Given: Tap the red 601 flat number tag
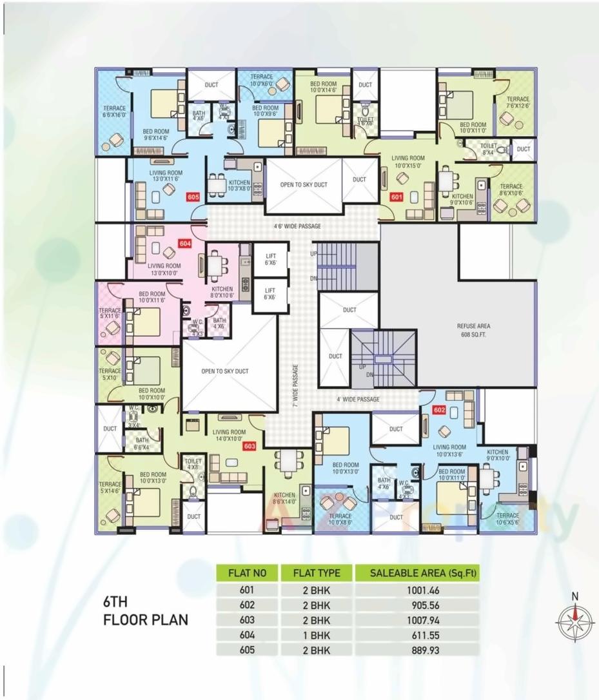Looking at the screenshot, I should click(x=396, y=198).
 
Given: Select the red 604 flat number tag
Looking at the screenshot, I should click(x=186, y=244).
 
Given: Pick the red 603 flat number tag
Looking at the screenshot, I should click(x=250, y=445).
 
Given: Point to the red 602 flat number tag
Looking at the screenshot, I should click(x=440, y=410).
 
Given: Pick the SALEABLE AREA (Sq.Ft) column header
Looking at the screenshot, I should click(x=417, y=573).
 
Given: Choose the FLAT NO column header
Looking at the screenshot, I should click(x=247, y=573).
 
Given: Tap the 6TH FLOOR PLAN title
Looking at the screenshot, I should click(x=146, y=611).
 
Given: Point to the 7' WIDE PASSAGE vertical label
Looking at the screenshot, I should click(x=296, y=385).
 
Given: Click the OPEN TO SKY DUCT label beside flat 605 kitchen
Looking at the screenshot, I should click(x=303, y=185).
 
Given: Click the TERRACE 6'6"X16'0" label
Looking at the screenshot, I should click(x=114, y=112).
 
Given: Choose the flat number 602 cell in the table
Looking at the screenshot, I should click(x=247, y=605).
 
